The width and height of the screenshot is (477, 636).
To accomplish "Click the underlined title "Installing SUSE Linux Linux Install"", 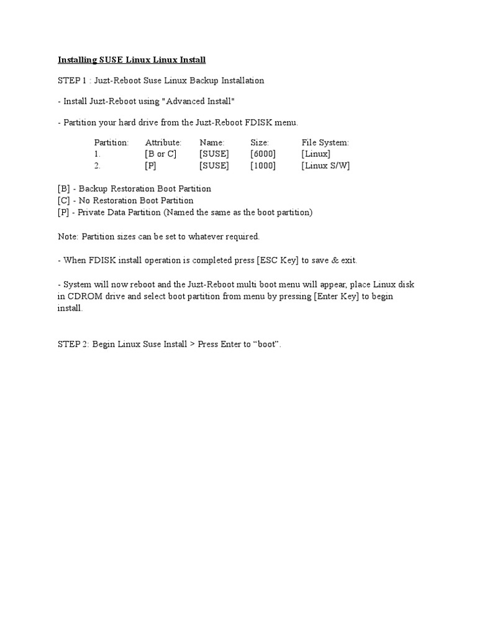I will click(x=132, y=60).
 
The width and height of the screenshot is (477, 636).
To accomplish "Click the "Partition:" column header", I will click(x=111, y=142).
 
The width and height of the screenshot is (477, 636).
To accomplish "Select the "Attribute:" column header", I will click(x=163, y=142).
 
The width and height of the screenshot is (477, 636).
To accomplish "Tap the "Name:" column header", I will click(x=212, y=142).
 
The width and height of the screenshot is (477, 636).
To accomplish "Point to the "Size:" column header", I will click(x=260, y=142).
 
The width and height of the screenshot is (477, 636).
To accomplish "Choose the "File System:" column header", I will click(x=325, y=142).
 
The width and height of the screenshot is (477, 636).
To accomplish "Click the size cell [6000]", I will click(x=263, y=154).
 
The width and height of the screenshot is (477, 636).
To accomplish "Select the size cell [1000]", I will click(x=263, y=166).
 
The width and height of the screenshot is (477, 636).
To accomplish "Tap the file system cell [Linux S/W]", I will click(x=325, y=166).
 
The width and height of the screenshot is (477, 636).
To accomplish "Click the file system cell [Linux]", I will click(x=316, y=154).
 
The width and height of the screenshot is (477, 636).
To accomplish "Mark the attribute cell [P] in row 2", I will click(x=151, y=166).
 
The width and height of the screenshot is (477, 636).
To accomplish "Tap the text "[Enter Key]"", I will click(x=337, y=296).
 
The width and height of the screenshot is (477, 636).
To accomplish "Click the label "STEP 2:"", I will click(x=74, y=344).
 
